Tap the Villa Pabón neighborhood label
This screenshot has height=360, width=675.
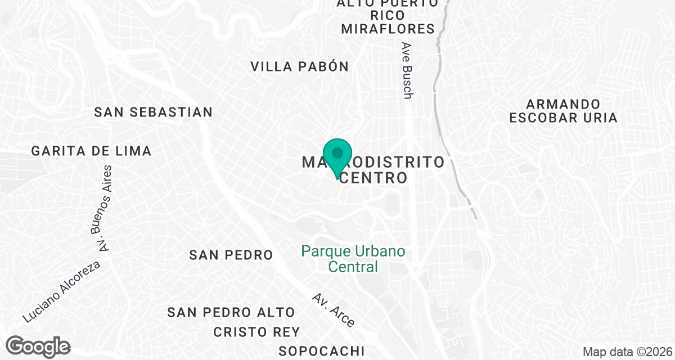300,66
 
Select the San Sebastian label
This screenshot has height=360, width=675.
154,112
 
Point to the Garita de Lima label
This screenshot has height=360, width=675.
92,151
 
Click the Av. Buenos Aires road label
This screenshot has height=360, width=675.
102,209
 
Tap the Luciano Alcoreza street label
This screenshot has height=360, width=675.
62,291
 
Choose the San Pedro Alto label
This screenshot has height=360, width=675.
231,312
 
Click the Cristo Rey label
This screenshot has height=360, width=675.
256,332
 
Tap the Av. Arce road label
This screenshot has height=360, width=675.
334,310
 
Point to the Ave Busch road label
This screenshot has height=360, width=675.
408,71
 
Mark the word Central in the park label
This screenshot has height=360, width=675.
353,266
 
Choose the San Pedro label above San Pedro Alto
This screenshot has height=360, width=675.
231,255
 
